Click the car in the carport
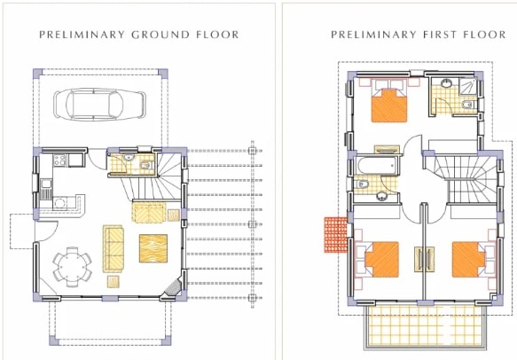99,105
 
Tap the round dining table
72,266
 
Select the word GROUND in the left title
161,35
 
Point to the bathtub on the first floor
376,166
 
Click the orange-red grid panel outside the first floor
336,234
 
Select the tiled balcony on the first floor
426,325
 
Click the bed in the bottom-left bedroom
381,260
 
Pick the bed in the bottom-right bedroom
469,260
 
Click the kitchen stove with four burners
59,160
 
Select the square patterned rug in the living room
153,248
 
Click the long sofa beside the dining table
114,248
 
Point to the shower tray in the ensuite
468,86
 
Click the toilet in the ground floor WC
146,165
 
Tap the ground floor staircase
154,177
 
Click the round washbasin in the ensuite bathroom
446,83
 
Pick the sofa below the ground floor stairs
149,213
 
